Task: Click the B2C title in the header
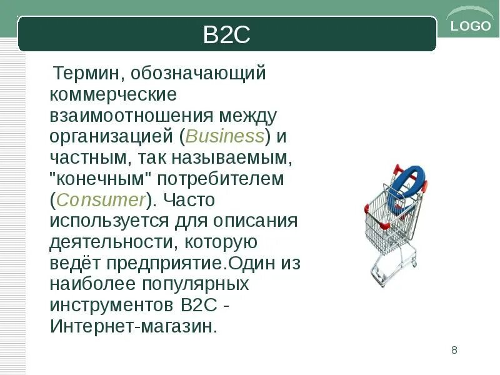pos(226,35)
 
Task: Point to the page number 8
pos(454,349)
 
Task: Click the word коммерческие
pos(114,95)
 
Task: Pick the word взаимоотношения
pos(131,116)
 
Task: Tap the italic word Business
pos(224,137)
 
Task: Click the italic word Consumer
pos(101,201)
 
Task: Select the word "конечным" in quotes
pos(101,179)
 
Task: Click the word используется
pos(110,222)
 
